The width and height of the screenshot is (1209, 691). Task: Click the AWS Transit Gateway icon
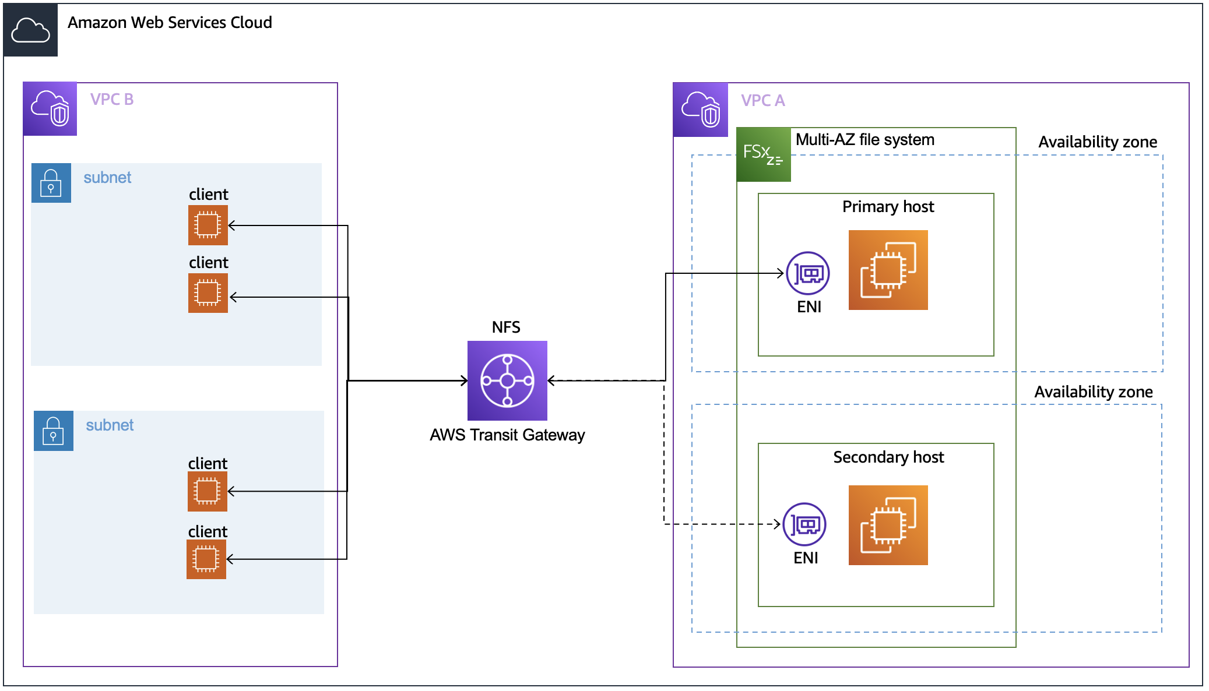coord(507,380)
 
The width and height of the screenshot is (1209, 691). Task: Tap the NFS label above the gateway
coord(506,327)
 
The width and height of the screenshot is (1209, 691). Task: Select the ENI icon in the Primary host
coord(807,273)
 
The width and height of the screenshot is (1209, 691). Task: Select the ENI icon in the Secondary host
coord(804,524)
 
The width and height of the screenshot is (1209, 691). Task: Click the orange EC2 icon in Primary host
coord(888,270)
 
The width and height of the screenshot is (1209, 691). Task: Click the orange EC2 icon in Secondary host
coord(888,525)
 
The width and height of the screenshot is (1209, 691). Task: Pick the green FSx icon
coord(763,154)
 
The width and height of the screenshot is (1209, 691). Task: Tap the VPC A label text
coord(762,101)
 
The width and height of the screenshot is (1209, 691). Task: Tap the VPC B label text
coord(112,100)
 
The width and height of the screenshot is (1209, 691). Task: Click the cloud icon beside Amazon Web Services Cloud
coord(30,30)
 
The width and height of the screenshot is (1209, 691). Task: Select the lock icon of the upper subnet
coord(51,183)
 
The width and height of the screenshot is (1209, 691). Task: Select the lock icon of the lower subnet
coord(54,431)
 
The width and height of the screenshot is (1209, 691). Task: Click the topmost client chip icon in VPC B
coord(208,225)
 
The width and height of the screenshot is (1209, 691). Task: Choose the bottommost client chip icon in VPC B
coord(206,559)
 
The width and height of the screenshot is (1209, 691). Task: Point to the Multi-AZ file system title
coord(864,140)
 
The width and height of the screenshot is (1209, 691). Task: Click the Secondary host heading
coord(888,457)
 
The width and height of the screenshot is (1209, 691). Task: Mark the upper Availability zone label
coord(1097,142)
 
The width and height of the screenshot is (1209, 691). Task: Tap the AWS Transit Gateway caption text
coord(507,435)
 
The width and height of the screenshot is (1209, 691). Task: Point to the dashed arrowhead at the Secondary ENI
coord(777,524)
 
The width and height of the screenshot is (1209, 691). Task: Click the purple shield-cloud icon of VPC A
coord(701,110)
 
